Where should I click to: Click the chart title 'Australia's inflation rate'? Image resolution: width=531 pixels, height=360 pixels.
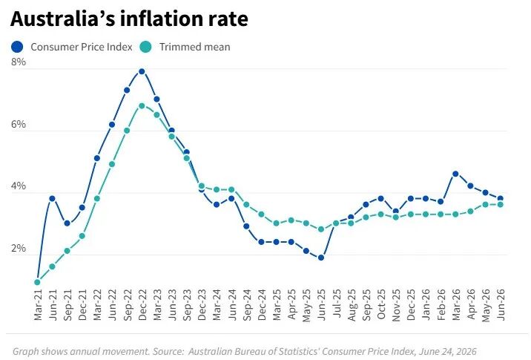(129, 19)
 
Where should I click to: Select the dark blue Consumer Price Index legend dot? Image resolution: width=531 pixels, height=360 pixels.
(17, 47)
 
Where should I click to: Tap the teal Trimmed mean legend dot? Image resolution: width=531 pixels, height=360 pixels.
(145, 47)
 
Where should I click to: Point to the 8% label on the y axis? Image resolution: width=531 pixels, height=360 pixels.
(19, 62)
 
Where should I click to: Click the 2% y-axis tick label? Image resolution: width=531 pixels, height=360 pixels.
(19, 249)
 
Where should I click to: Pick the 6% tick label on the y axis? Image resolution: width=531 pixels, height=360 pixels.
(19, 125)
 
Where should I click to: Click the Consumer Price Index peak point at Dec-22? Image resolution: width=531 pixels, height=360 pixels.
(142, 71)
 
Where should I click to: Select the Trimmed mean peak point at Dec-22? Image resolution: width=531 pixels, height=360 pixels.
(142, 105)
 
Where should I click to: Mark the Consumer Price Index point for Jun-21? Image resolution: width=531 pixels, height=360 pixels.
(52, 199)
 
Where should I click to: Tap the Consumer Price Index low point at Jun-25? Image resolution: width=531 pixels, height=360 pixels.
(321, 258)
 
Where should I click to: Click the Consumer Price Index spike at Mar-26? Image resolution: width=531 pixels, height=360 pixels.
(455, 174)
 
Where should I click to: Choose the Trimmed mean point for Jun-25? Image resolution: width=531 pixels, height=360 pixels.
(321, 229)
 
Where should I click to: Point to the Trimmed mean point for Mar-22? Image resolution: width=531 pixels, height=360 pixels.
(97, 199)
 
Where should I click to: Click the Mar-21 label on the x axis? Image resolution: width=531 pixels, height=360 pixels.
(38, 305)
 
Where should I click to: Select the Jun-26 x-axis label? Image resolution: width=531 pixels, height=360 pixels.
(501, 305)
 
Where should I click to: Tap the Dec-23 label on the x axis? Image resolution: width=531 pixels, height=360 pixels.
(202, 305)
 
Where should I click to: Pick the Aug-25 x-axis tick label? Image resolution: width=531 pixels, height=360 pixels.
(352, 305)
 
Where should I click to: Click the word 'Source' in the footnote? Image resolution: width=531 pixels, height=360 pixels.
(168, 352)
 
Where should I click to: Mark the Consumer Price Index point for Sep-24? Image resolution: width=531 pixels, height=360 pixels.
(246, 226)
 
